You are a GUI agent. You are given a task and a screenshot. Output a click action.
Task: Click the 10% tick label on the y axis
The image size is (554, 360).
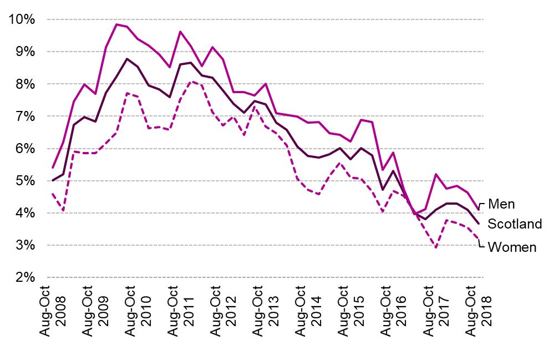click(x=22, y=19)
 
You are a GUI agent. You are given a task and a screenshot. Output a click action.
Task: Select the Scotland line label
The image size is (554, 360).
click(x=515, y=224)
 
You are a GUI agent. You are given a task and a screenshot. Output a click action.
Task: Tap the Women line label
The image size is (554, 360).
click(x=511, y=247)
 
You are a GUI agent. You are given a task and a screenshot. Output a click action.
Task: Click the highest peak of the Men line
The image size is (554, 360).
click(x=116, y=24)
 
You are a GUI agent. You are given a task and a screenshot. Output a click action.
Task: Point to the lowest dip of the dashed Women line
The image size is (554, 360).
click(x=436, y=248)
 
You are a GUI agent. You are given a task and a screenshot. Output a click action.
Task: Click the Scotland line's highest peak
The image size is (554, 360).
click(x=127, y=59)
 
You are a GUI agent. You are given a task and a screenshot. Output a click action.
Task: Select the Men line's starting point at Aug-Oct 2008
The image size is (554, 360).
click(x=52, y=168)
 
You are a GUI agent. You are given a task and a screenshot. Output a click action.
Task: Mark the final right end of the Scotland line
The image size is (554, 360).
click(x=479, y=223)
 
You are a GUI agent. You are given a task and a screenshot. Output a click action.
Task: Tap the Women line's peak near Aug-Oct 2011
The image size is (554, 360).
click(x=191, y=82)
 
